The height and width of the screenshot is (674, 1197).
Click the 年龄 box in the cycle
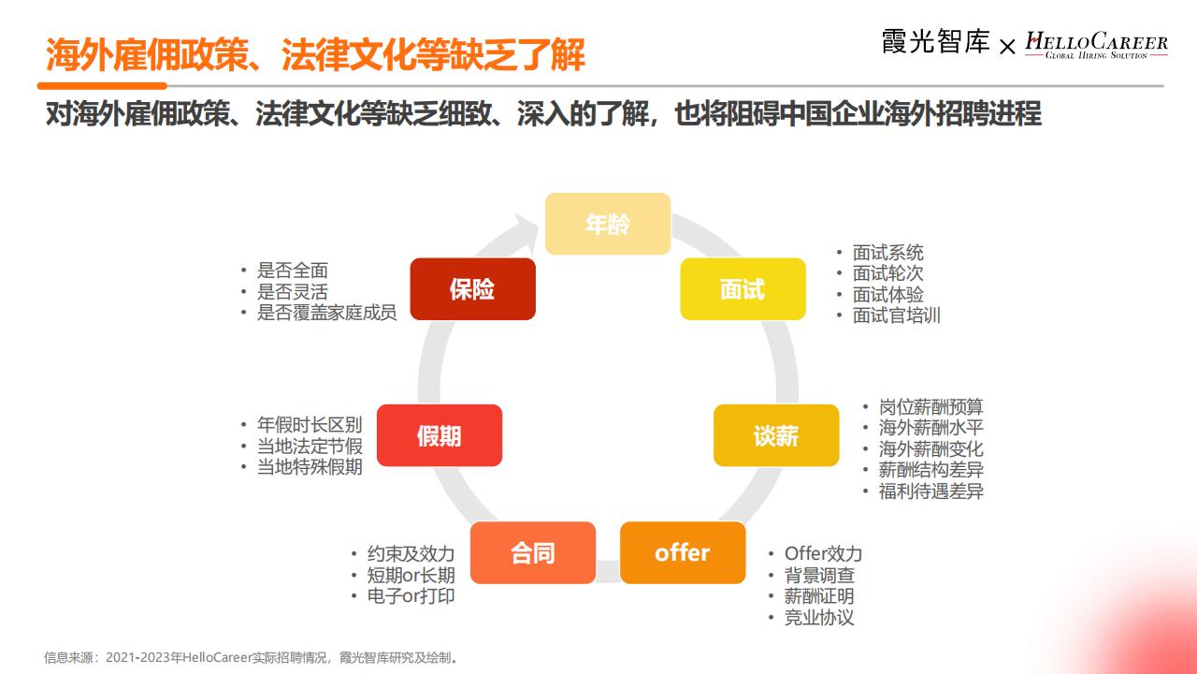(x=608, y=224)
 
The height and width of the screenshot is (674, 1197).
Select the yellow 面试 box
(x=743, y=289)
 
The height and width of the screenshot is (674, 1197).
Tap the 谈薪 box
(x=776, y=435)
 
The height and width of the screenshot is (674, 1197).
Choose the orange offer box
(x=683, y=552)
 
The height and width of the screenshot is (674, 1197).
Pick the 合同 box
(x=533, y=552)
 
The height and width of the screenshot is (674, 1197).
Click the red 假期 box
(x=440, y=435)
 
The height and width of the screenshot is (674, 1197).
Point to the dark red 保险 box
(x=473, y=289)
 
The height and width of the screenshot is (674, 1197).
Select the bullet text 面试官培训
(x=896, y=315)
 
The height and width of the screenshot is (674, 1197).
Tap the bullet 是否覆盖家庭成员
(x=327, y=313)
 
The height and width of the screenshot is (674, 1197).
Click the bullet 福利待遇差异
(x=930, y=491)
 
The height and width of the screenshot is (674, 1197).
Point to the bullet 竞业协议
(x=819, y=618)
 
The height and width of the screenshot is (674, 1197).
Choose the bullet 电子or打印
(x=411, y=596)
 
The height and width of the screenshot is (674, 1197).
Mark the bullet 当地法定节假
(x=310, y=447)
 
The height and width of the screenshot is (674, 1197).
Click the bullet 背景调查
(x=819, y=576)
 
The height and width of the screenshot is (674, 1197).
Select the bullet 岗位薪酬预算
(x=930, y=407)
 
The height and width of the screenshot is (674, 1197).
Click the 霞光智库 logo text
(x=935, y=42)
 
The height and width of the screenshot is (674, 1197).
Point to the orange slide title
(x=315, y=54)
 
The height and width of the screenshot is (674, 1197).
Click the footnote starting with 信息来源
(x=252, y=657)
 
